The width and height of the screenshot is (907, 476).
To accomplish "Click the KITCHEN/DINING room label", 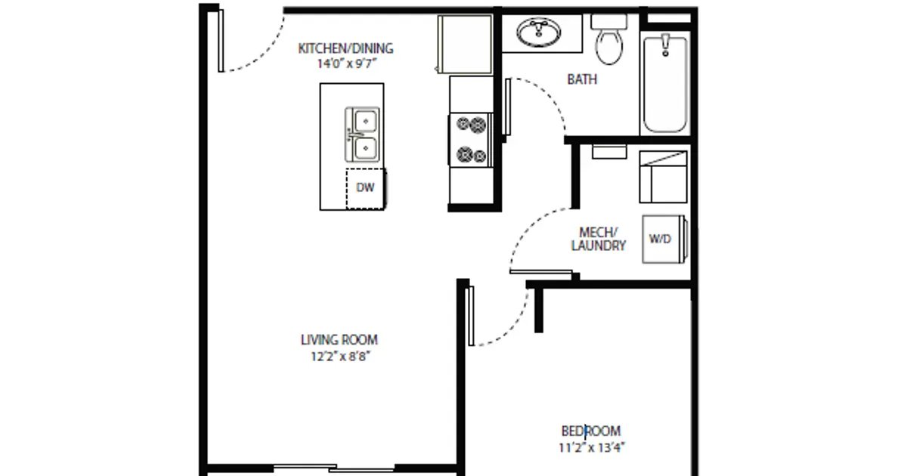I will (345, 49).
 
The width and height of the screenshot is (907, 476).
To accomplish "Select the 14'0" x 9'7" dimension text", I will (345, 64).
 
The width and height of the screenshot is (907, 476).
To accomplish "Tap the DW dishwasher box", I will (366, 188).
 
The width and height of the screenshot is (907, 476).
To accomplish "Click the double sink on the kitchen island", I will (363, 134).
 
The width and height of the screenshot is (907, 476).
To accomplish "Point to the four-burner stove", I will (470, 139).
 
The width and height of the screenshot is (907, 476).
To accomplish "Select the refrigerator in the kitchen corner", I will (465, 45).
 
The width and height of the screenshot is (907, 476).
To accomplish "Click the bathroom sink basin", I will (539, 32).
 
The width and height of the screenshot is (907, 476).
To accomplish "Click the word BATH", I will (582, 79).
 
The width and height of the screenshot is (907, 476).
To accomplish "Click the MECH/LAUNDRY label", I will (599, 239).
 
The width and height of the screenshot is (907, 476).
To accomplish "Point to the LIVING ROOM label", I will (339, 340).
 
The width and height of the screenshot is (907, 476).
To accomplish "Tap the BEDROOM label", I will (591, 431).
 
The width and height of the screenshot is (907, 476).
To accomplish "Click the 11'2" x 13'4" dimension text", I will (591, 447).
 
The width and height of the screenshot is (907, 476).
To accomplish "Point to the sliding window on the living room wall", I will (333, 468).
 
